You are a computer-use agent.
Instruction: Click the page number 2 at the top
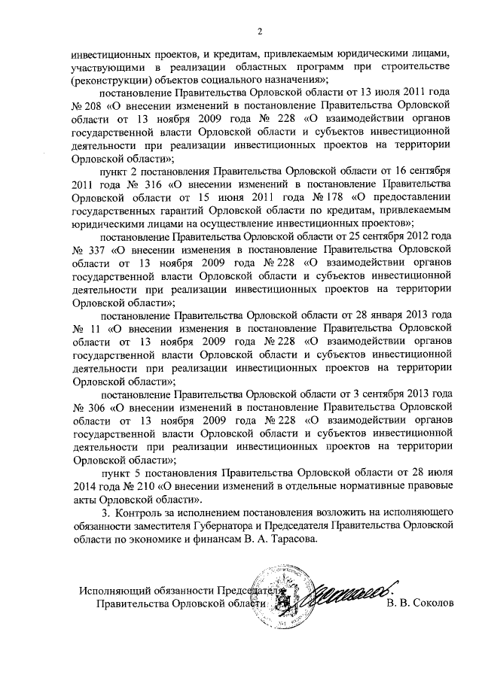click(x=259, y=32)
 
